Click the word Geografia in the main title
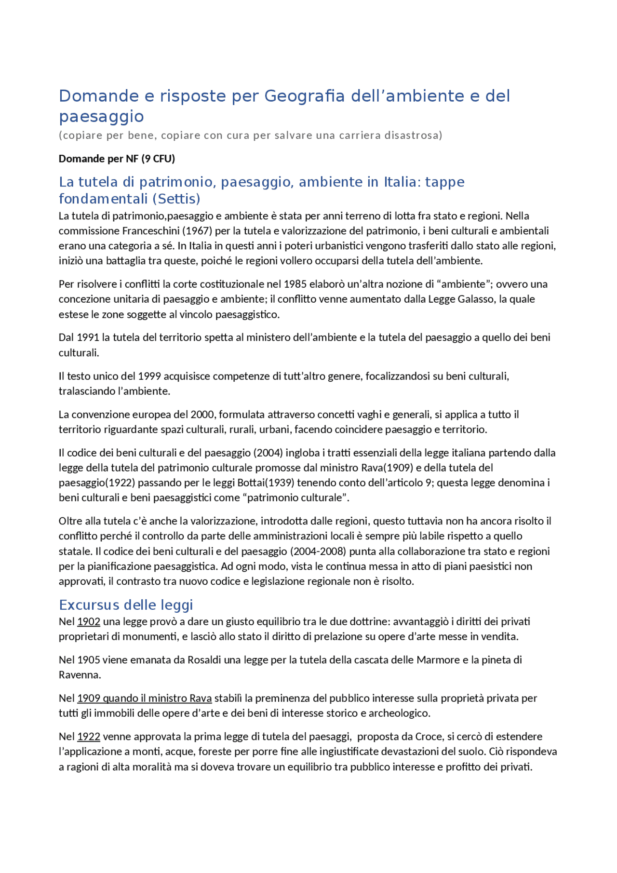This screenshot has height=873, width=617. coord(304,96)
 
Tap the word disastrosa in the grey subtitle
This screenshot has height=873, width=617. coord(413,135)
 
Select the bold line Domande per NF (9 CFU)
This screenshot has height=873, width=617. coord(117,159)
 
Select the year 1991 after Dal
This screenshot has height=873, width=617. coord(88,337)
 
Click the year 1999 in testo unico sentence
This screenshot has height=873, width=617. coord(149,376)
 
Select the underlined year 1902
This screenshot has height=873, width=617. coord(89,621)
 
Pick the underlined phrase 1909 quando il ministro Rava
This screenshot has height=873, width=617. coord(144,698)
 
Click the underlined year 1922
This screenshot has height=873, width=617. coord(89,736)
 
